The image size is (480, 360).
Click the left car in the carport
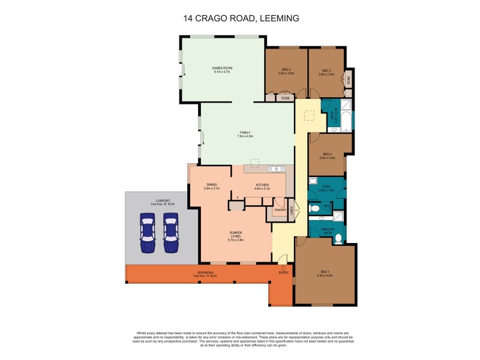coord(146,233)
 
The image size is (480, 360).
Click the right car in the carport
coord(171,233)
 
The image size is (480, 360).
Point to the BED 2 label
coord(286,70)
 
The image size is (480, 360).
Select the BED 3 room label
coord(326,70)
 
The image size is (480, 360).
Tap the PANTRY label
coord(280,210)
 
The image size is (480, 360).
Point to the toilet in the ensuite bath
coord(338,238)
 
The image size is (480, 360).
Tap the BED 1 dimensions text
coord(325,276)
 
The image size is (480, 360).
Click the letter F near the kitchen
coord(238,197)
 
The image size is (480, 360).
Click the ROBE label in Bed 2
coord(286,97)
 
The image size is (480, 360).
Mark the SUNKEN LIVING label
coord(236,235)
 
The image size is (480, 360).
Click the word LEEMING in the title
coord(278,19)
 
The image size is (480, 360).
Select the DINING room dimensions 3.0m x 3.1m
coord(212,188)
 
